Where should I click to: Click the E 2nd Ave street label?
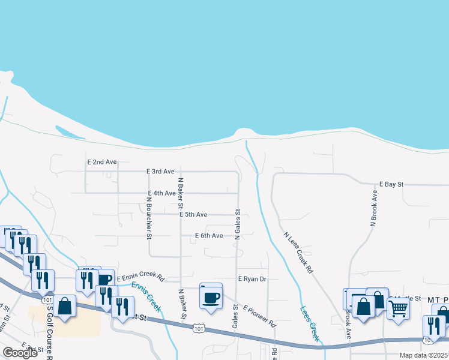coord(102,162)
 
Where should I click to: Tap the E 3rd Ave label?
coord(160,172)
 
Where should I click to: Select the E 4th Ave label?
coord(161,193)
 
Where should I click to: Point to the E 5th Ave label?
coord(193,214)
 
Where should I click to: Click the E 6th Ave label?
coord(209,236)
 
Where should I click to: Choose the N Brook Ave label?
coord(373,208)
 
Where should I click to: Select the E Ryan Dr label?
coord(252,279)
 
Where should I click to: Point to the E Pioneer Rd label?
coord(259,316)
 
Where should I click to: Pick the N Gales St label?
coord(238,225)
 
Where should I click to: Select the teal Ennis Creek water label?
coord(146,296)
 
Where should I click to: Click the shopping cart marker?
coord(398,308)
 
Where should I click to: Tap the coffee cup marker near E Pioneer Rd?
coord(211,296)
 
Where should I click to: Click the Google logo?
coord(20,353)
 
